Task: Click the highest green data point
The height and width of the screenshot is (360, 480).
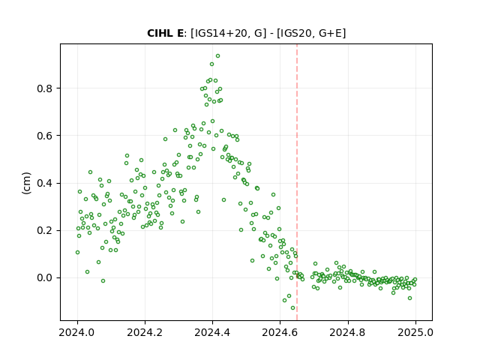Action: pos(218,56)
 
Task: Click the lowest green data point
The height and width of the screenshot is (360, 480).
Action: pos(293,308)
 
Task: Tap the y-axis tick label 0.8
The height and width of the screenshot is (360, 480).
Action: pos(45,88)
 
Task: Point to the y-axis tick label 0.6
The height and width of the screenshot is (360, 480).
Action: pos(45,136)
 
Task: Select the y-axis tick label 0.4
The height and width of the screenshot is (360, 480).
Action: pos(45,183)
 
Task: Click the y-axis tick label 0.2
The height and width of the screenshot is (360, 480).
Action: pos(45,230)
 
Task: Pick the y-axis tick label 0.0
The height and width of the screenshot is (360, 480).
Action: pos(45,278)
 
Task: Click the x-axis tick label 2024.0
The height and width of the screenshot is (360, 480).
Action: pos(77,332)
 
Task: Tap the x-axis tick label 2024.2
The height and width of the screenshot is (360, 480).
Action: pos(145,332)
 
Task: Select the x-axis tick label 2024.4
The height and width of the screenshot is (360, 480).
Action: pos(212,332)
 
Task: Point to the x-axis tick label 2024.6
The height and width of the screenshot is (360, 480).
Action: pos(280,332)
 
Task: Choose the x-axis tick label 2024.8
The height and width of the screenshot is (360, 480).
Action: pos(348,332)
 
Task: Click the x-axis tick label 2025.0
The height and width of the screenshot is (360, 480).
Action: pos(415,332)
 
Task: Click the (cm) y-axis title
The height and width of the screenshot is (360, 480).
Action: pos(27,183)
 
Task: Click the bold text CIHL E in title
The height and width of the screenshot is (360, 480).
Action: pos(165,33)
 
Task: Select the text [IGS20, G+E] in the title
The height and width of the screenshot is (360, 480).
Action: pos(311,33)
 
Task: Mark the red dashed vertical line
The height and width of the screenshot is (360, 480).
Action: pos(297,182)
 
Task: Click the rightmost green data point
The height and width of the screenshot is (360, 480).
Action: pos(415,280)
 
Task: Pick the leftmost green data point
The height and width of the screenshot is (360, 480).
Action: pos(77,253)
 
